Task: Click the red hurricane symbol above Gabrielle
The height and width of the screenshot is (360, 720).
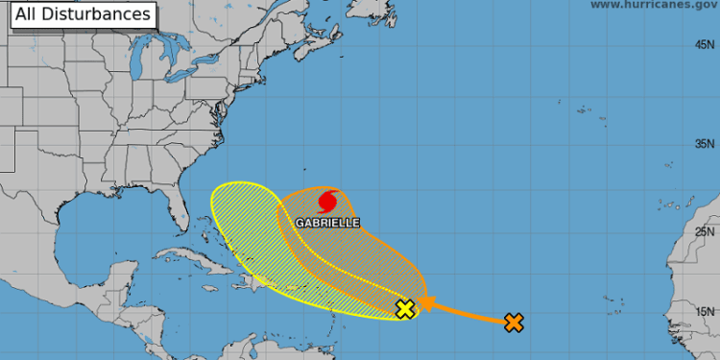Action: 326,203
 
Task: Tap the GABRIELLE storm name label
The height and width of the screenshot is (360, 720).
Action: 329,222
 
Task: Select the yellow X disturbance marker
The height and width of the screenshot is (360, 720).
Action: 405,308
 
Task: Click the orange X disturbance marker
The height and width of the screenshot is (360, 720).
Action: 515,323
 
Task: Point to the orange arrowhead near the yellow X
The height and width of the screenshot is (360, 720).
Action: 423,306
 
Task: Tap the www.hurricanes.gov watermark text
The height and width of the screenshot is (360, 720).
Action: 652,5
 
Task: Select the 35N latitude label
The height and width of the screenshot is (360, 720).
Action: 706,144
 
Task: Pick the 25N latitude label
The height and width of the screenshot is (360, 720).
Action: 706,231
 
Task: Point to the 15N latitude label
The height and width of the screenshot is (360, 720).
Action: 706,311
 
